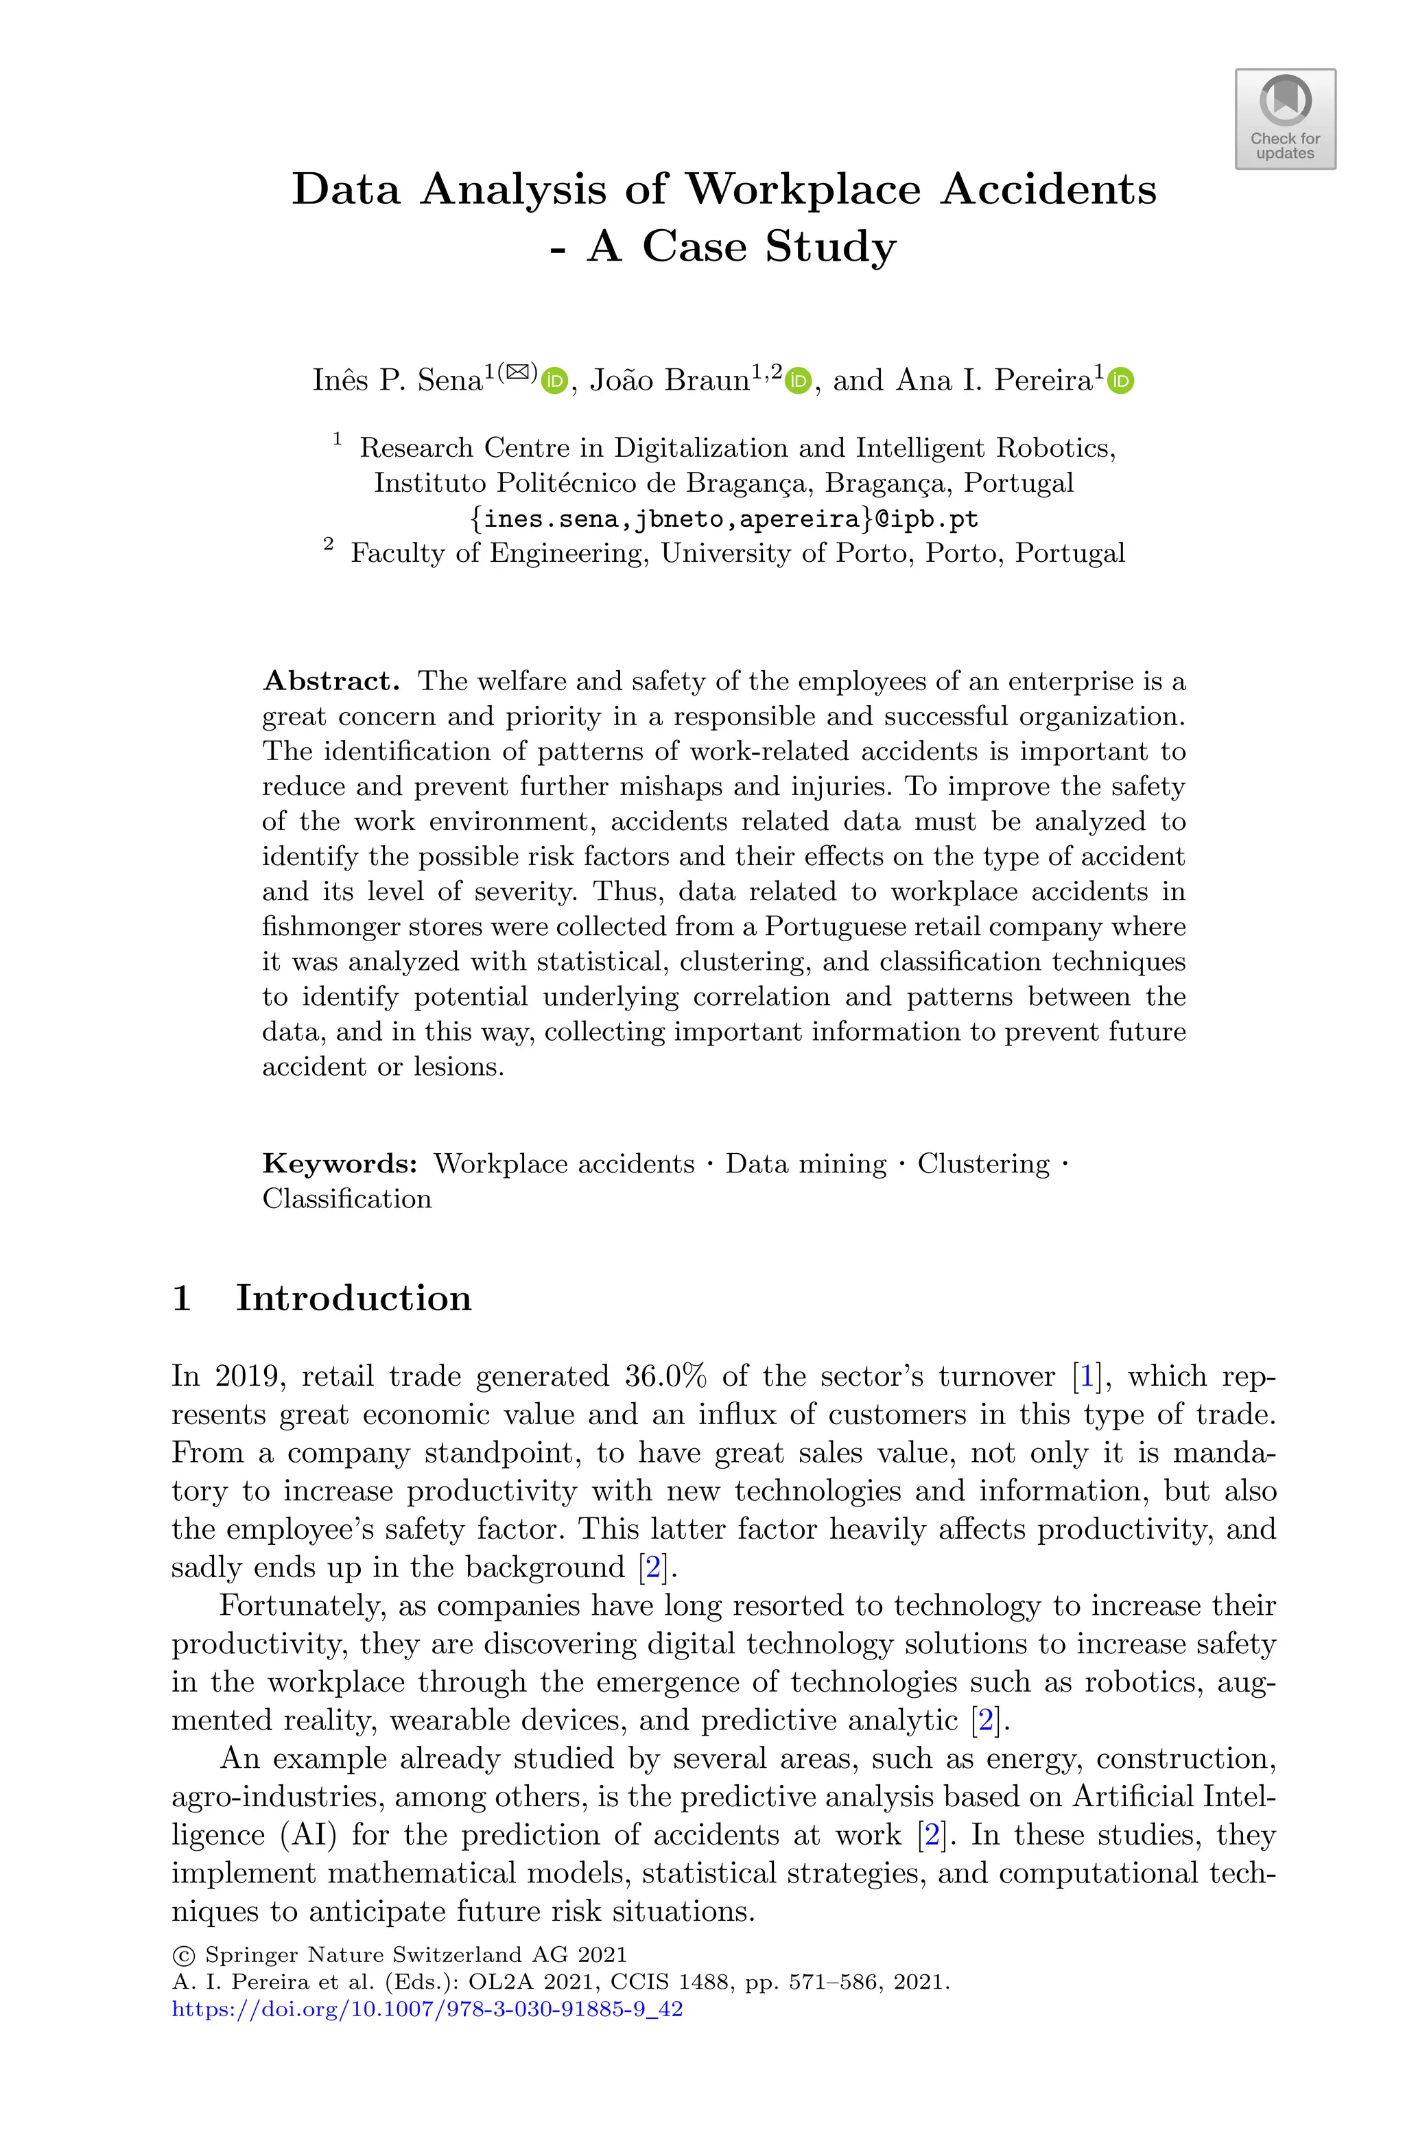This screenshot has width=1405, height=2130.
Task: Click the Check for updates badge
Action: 1285,119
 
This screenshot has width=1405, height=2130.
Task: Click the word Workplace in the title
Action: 803,189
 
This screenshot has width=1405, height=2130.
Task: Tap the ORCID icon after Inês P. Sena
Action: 554,381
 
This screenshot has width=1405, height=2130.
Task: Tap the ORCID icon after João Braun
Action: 797,381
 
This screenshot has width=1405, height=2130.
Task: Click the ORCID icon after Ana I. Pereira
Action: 1121,381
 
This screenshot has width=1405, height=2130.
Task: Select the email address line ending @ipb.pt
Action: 724,519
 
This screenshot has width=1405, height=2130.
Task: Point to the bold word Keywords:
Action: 340,1163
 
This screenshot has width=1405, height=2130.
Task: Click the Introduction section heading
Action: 353,1298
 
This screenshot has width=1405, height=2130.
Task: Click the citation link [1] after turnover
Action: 1087,1376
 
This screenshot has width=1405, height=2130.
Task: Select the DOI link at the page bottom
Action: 427,2009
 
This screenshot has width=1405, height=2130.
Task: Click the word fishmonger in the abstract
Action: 328,926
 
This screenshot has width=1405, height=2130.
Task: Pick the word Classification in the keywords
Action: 346,1198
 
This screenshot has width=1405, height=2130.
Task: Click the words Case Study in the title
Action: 769,246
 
